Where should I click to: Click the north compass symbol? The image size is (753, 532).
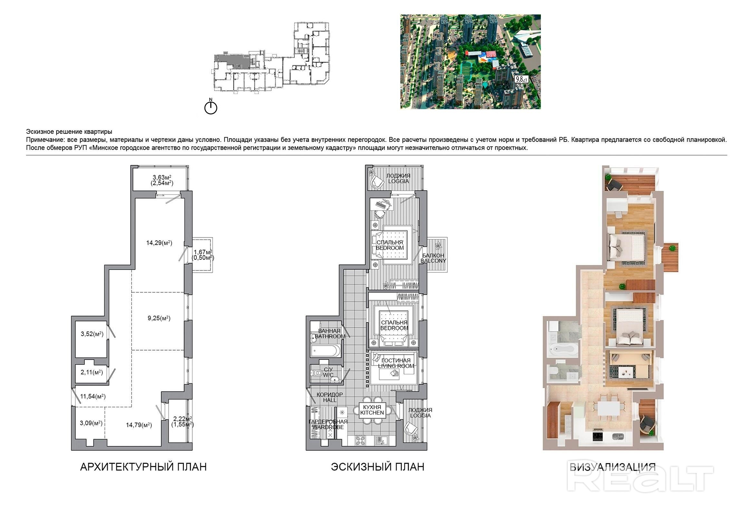point(211,107)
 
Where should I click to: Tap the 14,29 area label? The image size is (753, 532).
point(159,243)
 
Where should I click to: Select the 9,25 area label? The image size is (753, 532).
point(159,318)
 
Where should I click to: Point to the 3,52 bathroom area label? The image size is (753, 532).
point(92,334)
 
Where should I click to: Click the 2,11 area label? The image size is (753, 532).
point(92,372)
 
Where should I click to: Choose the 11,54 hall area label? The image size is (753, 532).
point(93,396)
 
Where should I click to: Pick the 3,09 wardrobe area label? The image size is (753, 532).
point(91,423)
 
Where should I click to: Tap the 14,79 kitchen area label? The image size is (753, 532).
point(139,425)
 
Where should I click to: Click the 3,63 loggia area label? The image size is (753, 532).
point(162,180)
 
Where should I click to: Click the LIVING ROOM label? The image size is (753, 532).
point(396,366)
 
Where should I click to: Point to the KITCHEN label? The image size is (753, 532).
point(372,413)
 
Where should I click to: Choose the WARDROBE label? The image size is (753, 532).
point(327,427)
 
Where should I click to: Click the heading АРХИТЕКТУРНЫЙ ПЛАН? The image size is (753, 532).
point(143,467)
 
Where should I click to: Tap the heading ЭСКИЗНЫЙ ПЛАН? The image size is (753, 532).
point(377,467)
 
